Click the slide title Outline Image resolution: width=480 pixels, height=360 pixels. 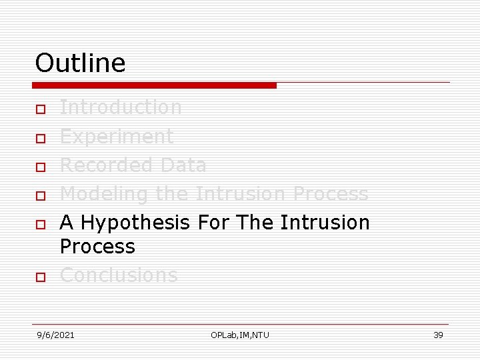tap(80, 63)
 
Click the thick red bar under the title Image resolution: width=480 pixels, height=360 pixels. tap(155, 85)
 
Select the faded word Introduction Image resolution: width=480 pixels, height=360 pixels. tap(121, 107)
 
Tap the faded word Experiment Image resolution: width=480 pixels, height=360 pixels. tap(117, 136)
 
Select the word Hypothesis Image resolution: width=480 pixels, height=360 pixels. tap(138, 222)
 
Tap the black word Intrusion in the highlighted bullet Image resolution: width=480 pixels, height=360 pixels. tap(325, 222)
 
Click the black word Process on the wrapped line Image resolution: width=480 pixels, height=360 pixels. tap(97, 246)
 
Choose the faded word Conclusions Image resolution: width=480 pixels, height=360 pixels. tap(119, 275)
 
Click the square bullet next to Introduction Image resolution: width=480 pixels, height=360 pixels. tap(41, 109)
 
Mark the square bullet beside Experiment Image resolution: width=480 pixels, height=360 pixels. tap(41, 138)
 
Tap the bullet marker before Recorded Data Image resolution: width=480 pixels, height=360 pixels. tap(41, 167)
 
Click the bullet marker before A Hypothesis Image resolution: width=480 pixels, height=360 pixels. tap(41, 225)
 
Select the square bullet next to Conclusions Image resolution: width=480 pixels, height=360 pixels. tap(41, 277)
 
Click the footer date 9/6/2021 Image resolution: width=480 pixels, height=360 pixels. tap(55, 335)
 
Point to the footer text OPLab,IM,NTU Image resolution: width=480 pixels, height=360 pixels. tap(240, 335)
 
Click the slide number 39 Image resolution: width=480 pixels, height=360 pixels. tap(438, 335)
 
